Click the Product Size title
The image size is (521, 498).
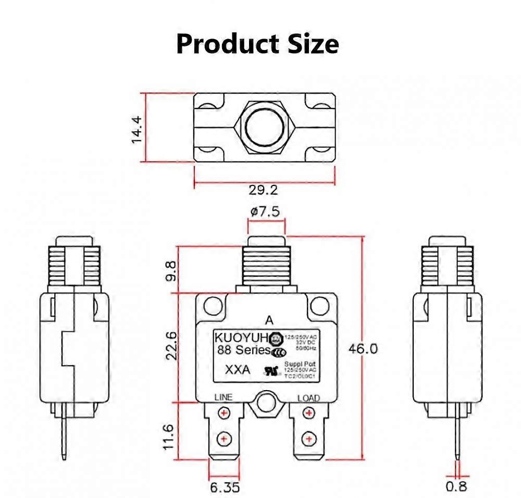point(257,44)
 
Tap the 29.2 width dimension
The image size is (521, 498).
point(263,190)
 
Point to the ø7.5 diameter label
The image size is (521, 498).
point(265,211)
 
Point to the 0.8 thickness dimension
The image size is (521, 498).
point(456,487)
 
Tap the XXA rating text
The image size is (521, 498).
point(237,370)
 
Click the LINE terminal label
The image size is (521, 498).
point(224,397)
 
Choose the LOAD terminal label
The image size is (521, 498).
point(308,398)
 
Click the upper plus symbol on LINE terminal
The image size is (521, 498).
point(224,414)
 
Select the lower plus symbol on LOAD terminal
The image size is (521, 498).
point(309,439)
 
